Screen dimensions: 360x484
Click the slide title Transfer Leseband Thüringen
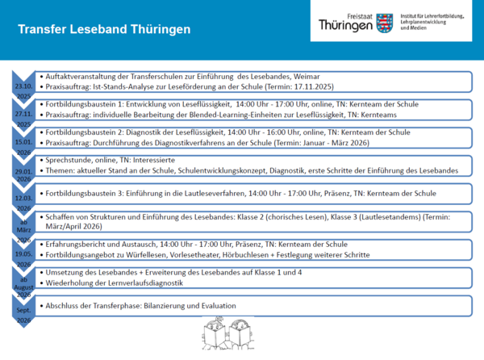[104, 30]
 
